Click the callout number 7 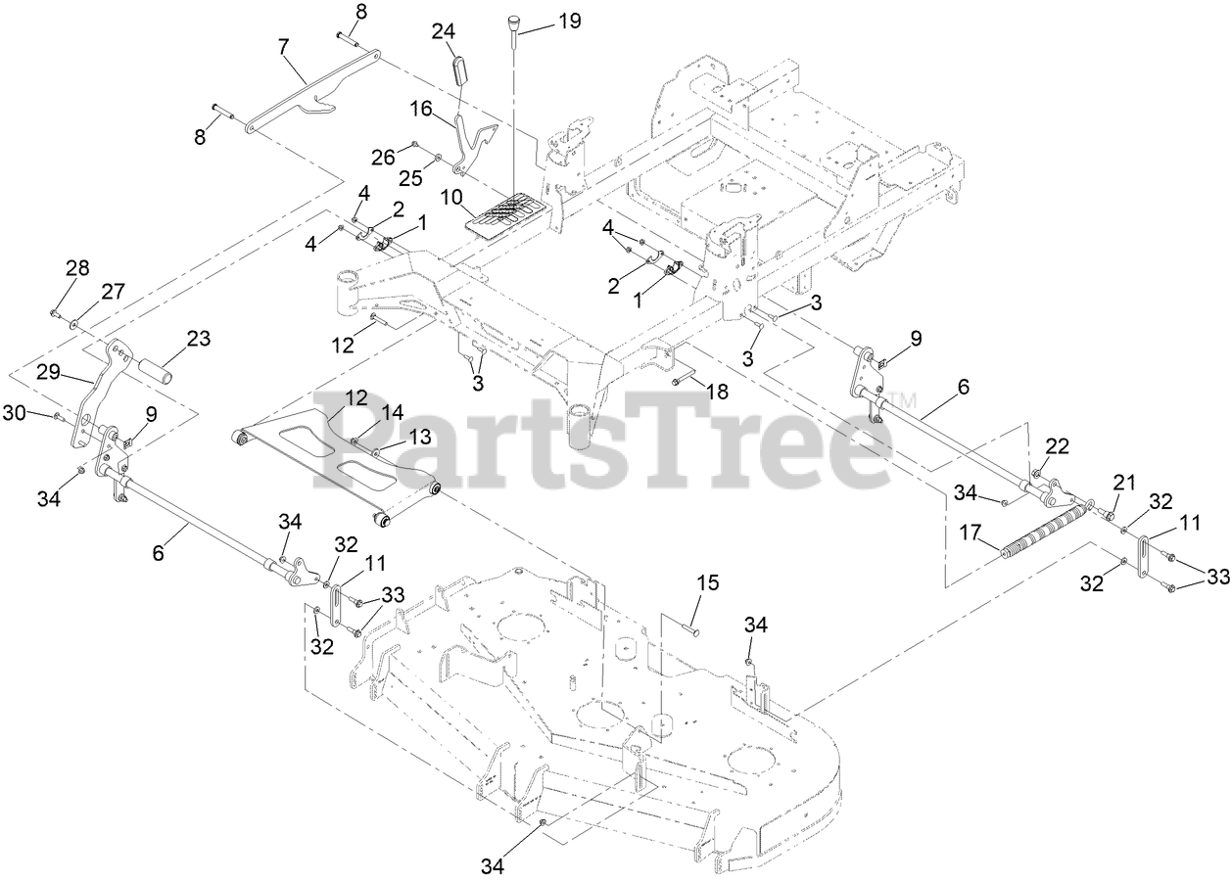pyautogui.click(x=284, y=45)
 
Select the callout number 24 pyautogui.click(x=444, y=32)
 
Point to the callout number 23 pyautogui.click(x=199, y=340)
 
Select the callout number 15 pyautogui.click(x=707, y=583)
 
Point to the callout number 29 pyautogui.click(x=47, y=373)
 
